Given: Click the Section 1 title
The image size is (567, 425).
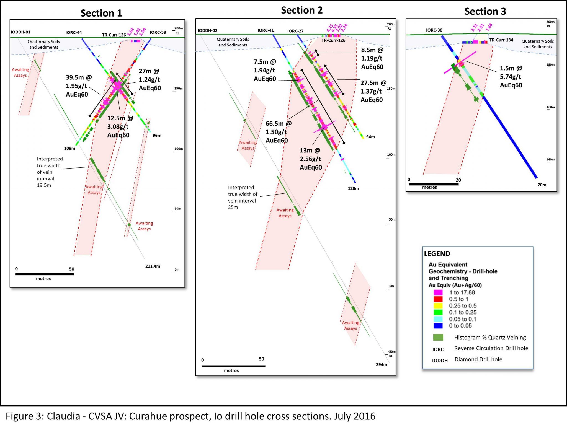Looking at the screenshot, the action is click(101, 13).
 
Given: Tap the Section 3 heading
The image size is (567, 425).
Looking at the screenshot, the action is click(485, 11).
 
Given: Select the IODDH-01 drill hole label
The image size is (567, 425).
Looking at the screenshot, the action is click(20, 32).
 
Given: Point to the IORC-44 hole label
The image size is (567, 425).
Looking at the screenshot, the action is click(74, 32).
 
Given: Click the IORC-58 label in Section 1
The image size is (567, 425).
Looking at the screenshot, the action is click(158, 32).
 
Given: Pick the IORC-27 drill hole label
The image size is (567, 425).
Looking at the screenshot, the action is click(295, 31).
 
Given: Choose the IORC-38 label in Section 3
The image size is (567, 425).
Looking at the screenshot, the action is click(434, 30).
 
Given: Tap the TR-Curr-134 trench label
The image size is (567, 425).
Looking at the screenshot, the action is click(501, 40).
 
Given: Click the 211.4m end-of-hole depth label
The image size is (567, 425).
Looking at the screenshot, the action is click(153, 266).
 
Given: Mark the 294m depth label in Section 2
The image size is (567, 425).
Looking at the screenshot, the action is click(382, 364).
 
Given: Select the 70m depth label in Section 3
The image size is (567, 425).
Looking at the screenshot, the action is click(542, 185).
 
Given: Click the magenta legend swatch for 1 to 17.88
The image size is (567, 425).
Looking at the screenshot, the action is click(438, 292).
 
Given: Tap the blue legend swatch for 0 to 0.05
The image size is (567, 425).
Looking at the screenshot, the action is click(438, 326).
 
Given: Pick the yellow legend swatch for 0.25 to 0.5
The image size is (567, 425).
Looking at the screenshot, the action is click(438, 306).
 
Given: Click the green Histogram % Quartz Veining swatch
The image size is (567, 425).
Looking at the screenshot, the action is click(438, 337).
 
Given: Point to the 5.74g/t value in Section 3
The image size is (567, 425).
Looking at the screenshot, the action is click(511, 77).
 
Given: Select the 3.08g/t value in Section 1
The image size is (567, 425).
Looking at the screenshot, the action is click(118, 127).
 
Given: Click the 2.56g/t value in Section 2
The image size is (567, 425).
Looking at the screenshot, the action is click(310, 159).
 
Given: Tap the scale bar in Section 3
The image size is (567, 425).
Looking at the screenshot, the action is click(434, 184).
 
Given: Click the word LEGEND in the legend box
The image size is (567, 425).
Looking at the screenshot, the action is click(437, 254).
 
